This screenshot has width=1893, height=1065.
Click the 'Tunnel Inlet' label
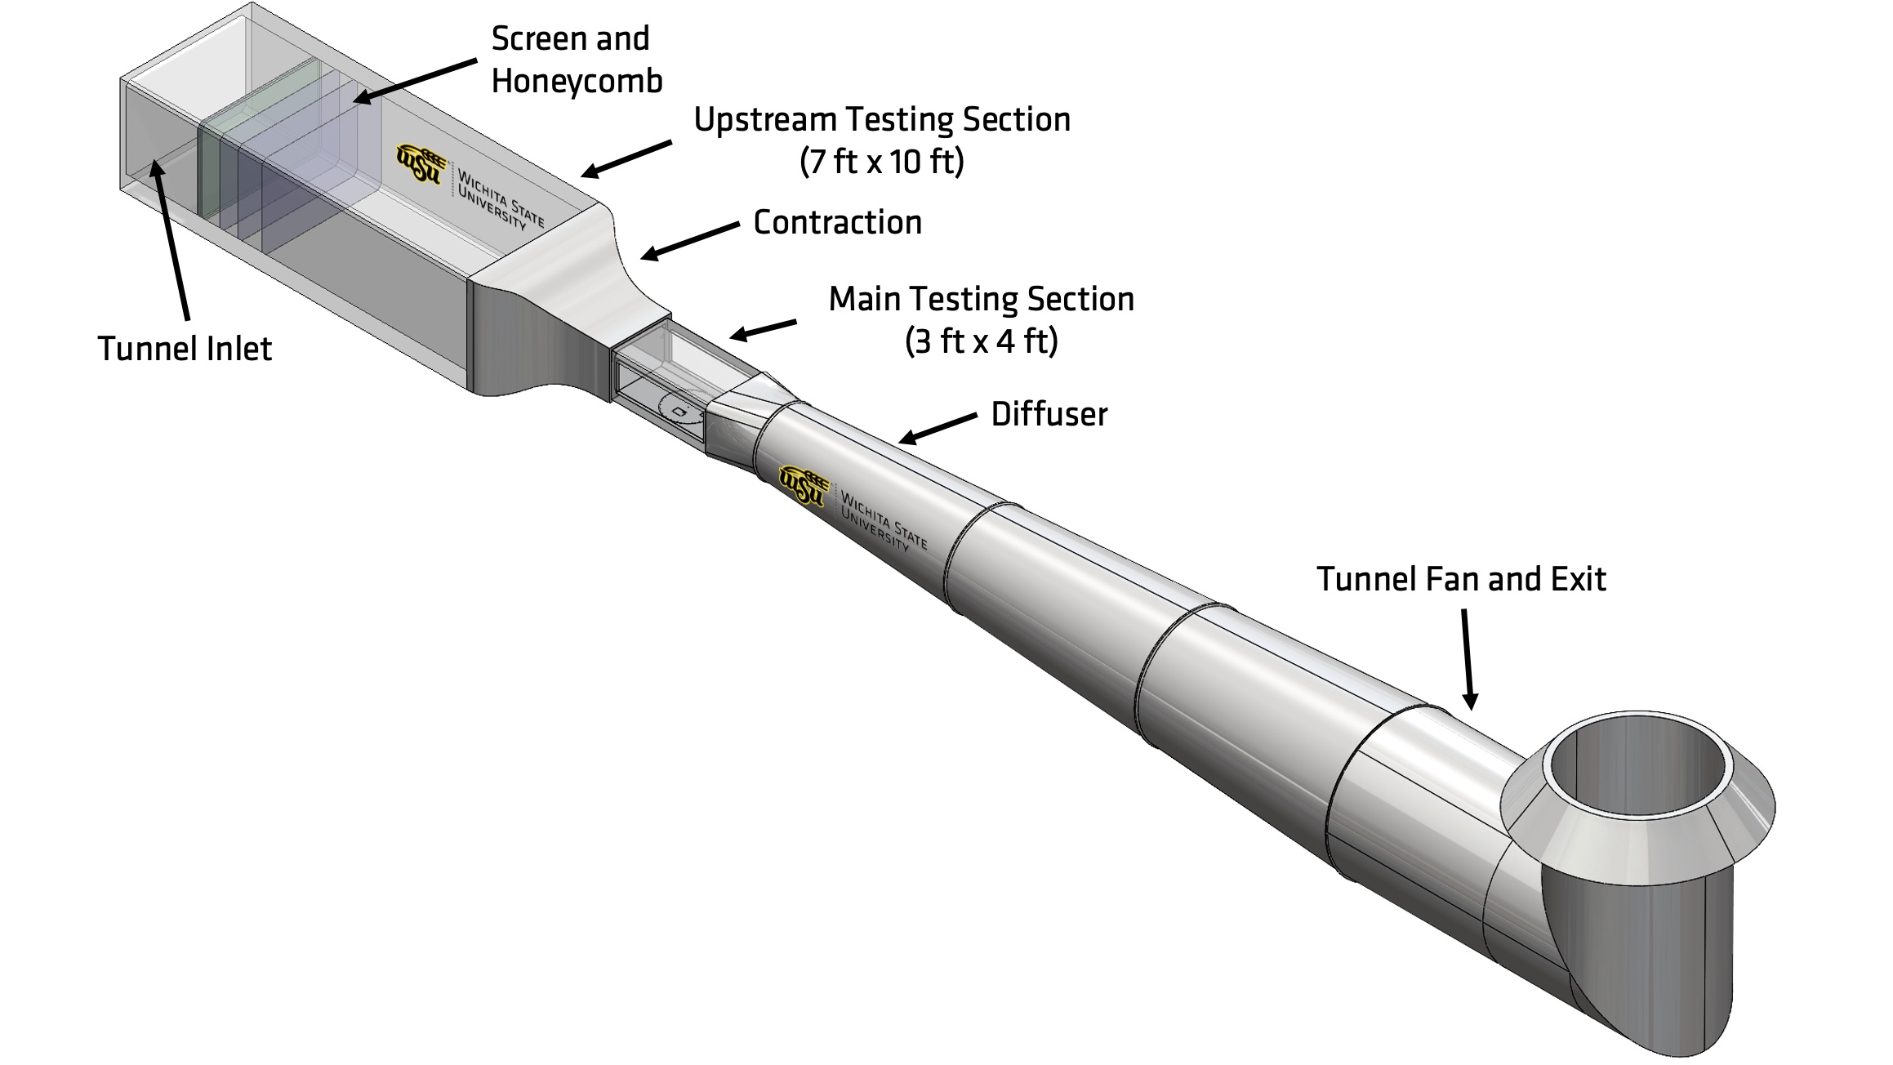click(x=185, y=349)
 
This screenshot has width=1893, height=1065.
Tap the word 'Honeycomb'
click(x=577, y=82)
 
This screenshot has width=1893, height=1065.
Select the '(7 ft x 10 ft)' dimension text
click(x=881, y=162)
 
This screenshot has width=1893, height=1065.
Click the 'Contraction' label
click(x=837, y=223)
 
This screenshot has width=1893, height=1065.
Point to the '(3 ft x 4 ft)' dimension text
click(x=981, y=341)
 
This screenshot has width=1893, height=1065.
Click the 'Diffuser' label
click(x=1049, y=415)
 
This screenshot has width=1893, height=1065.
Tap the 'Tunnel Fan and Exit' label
click(x=1460, y=580)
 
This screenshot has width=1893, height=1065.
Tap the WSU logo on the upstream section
click(x=421, y=163)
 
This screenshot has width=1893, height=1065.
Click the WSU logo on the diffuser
click(x=804, y=485)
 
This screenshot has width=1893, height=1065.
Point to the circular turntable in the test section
click(x=679, y=408)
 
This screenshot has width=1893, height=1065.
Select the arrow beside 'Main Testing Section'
click(x=763, y=330)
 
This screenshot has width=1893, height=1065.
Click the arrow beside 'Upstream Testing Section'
click(x=626, y=158)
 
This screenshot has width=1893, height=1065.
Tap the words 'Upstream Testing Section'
click(x=881, y=120)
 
